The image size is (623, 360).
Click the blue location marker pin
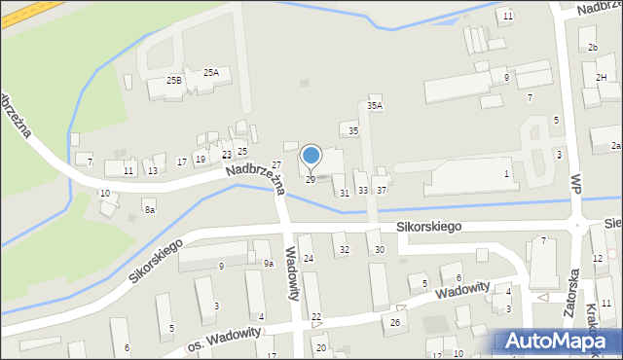tap(311, 156)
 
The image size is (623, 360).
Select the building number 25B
tap(174, 80)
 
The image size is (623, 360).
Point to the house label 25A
tap(211, 72)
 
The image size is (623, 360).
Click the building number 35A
tap(375, 105)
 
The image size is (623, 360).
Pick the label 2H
tap(601, 77)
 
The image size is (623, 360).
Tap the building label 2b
tap(592, 47)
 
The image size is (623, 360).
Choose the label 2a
tap(615, 145)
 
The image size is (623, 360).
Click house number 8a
tap(149, 209)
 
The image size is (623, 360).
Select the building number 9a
tap(269, 263)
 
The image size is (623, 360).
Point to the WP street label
tap(576, 182)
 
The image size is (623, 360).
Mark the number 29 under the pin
tap(311, 179)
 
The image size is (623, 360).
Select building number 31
tap(344, 193)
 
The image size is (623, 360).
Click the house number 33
tap(363, 190)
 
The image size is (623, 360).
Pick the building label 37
tap(382, 190)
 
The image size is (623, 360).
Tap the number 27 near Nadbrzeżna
tap(276, 165)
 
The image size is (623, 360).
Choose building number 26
tap(395, 322)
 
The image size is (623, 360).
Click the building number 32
tap(344, 250)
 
